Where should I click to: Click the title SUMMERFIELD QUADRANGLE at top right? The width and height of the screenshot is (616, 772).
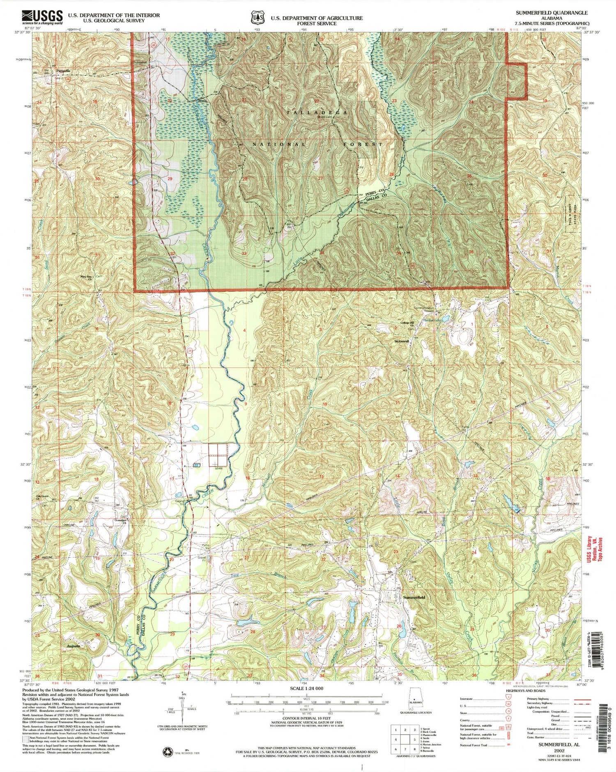(552, 13)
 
